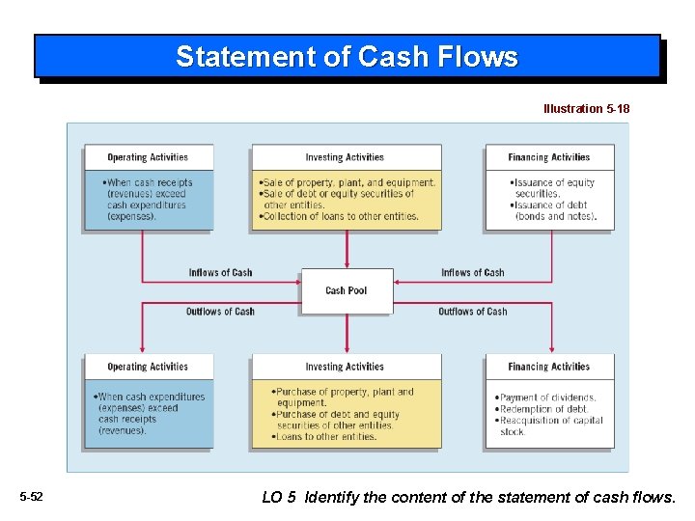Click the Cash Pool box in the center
[347, 290]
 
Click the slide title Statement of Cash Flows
[347, 57]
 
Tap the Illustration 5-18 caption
[586, 109]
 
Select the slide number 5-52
[31, 497]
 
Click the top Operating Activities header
[148, 157]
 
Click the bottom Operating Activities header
[148, 367]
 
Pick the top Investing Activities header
[345, 157]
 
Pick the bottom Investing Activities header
[345, 367]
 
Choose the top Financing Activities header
[548, 157]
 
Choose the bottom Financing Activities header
[548, 367]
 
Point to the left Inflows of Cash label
[220, 273]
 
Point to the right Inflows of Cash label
[472, 273]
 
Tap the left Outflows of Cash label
[220, 312]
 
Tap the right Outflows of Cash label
[472, 312]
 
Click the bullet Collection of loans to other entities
[340, 217]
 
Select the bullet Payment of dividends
[547, 398]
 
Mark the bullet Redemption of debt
[544, 409]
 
